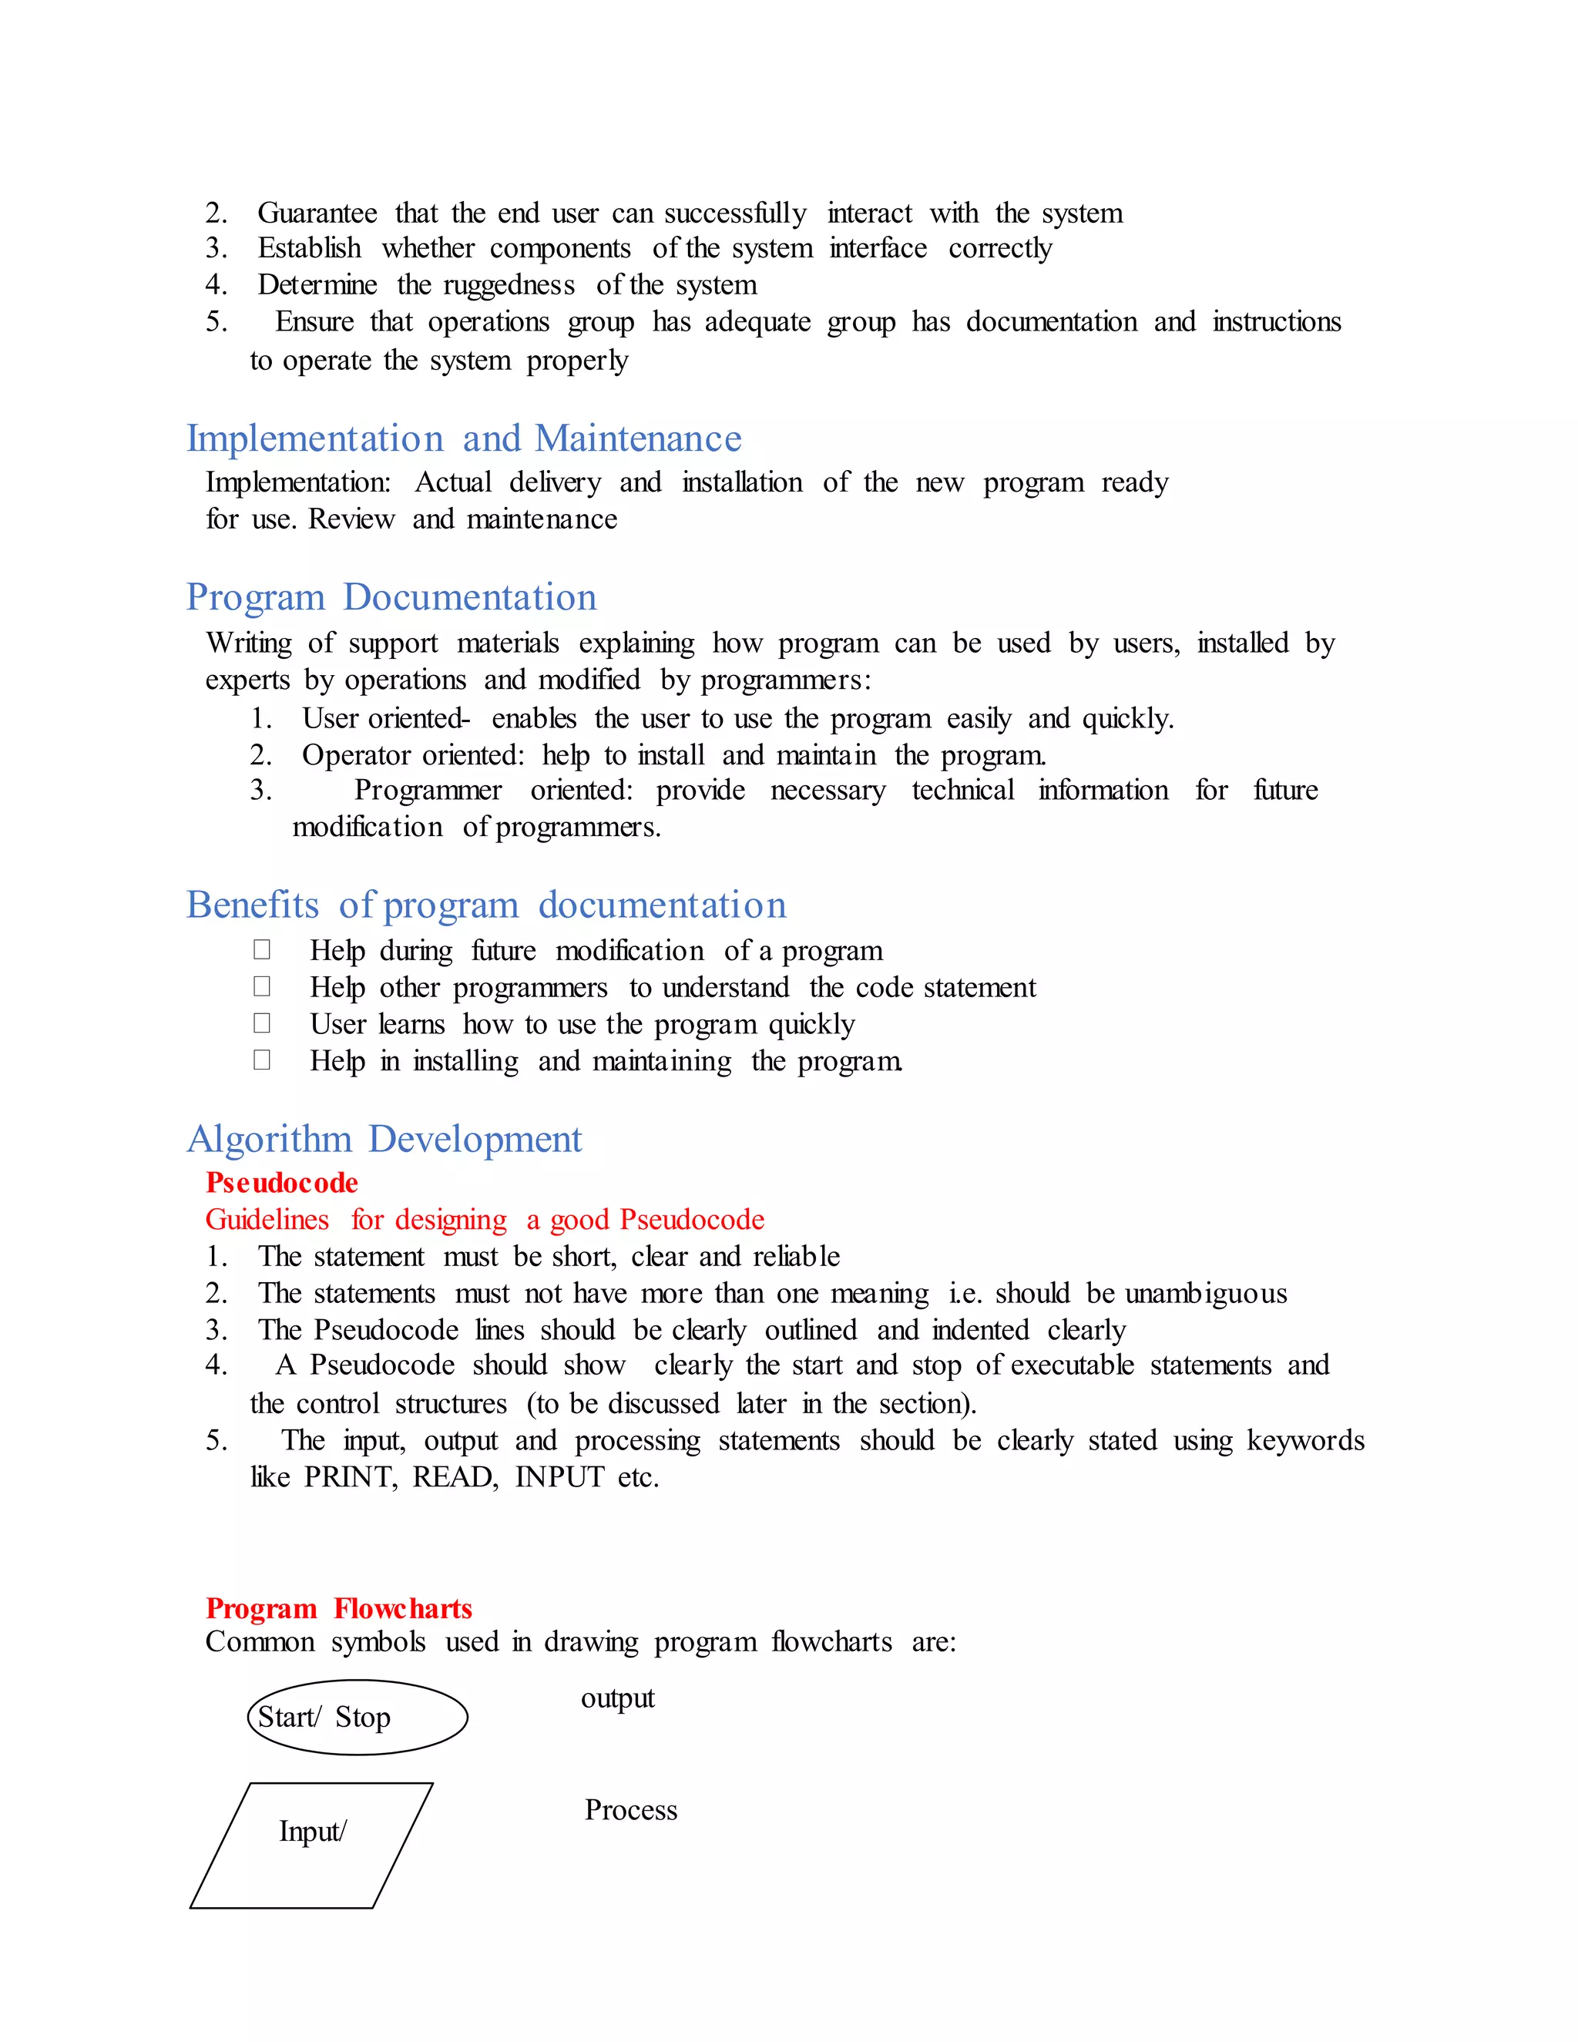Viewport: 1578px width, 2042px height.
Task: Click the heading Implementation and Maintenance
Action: point(464,438)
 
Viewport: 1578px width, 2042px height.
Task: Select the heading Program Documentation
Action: point(391,597)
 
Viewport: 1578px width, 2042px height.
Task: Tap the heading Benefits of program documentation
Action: point(485,905)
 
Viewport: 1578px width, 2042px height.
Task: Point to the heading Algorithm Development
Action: point(384,1139)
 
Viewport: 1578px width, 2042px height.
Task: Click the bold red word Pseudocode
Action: point(281,1183)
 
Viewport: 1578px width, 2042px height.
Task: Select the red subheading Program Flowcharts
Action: point(338,1608)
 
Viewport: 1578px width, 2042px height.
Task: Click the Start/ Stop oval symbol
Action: point(357,1718)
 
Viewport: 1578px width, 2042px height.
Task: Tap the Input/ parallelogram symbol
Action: point(311,1846)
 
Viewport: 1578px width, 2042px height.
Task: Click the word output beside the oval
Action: point(617,1698)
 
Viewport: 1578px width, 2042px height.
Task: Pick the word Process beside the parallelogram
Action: point(631,1810)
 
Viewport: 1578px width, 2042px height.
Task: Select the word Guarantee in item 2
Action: point(317,213)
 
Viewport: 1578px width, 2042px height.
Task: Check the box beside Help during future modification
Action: point(262,950)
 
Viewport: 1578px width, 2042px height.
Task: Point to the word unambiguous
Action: point(1205,1294)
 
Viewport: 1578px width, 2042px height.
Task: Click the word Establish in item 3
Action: point(310,249)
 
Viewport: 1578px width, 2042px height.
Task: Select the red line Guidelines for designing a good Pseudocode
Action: point(484,1220)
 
